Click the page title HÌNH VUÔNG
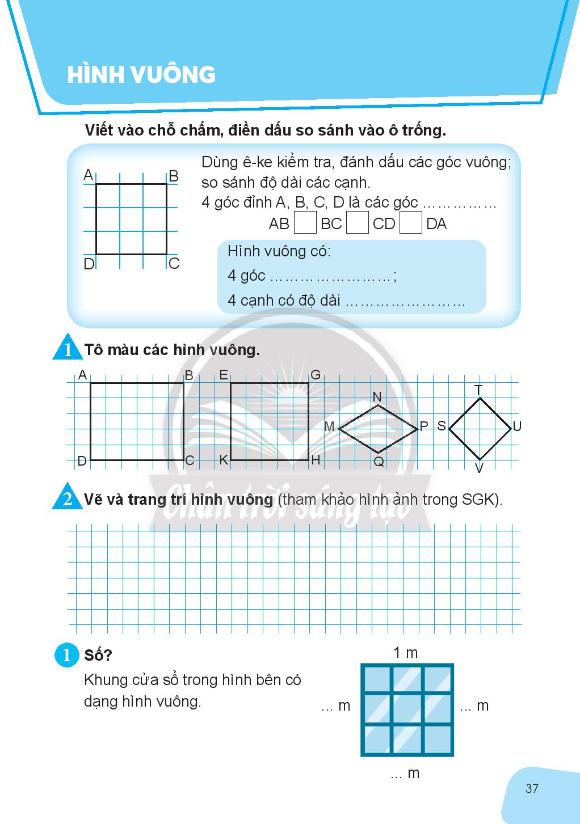coord(141,74)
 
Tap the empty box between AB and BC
coord(305,222)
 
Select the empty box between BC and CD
coord(357,222)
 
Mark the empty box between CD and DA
coord(410,222)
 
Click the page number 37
coord(532,788)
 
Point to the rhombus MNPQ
coord(378,429)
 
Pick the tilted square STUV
coord(480,429)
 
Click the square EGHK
coord(269,421)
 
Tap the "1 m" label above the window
coord(406,653)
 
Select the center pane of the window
coord(407,709)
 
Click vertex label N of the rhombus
coord(377,397)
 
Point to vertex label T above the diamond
coord(478,390)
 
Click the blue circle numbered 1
coord(66,656)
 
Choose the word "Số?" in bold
coord(98,655)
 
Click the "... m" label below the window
coord(405,773)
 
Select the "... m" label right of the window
coord(474,706)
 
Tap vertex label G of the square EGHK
coord(316,375)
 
